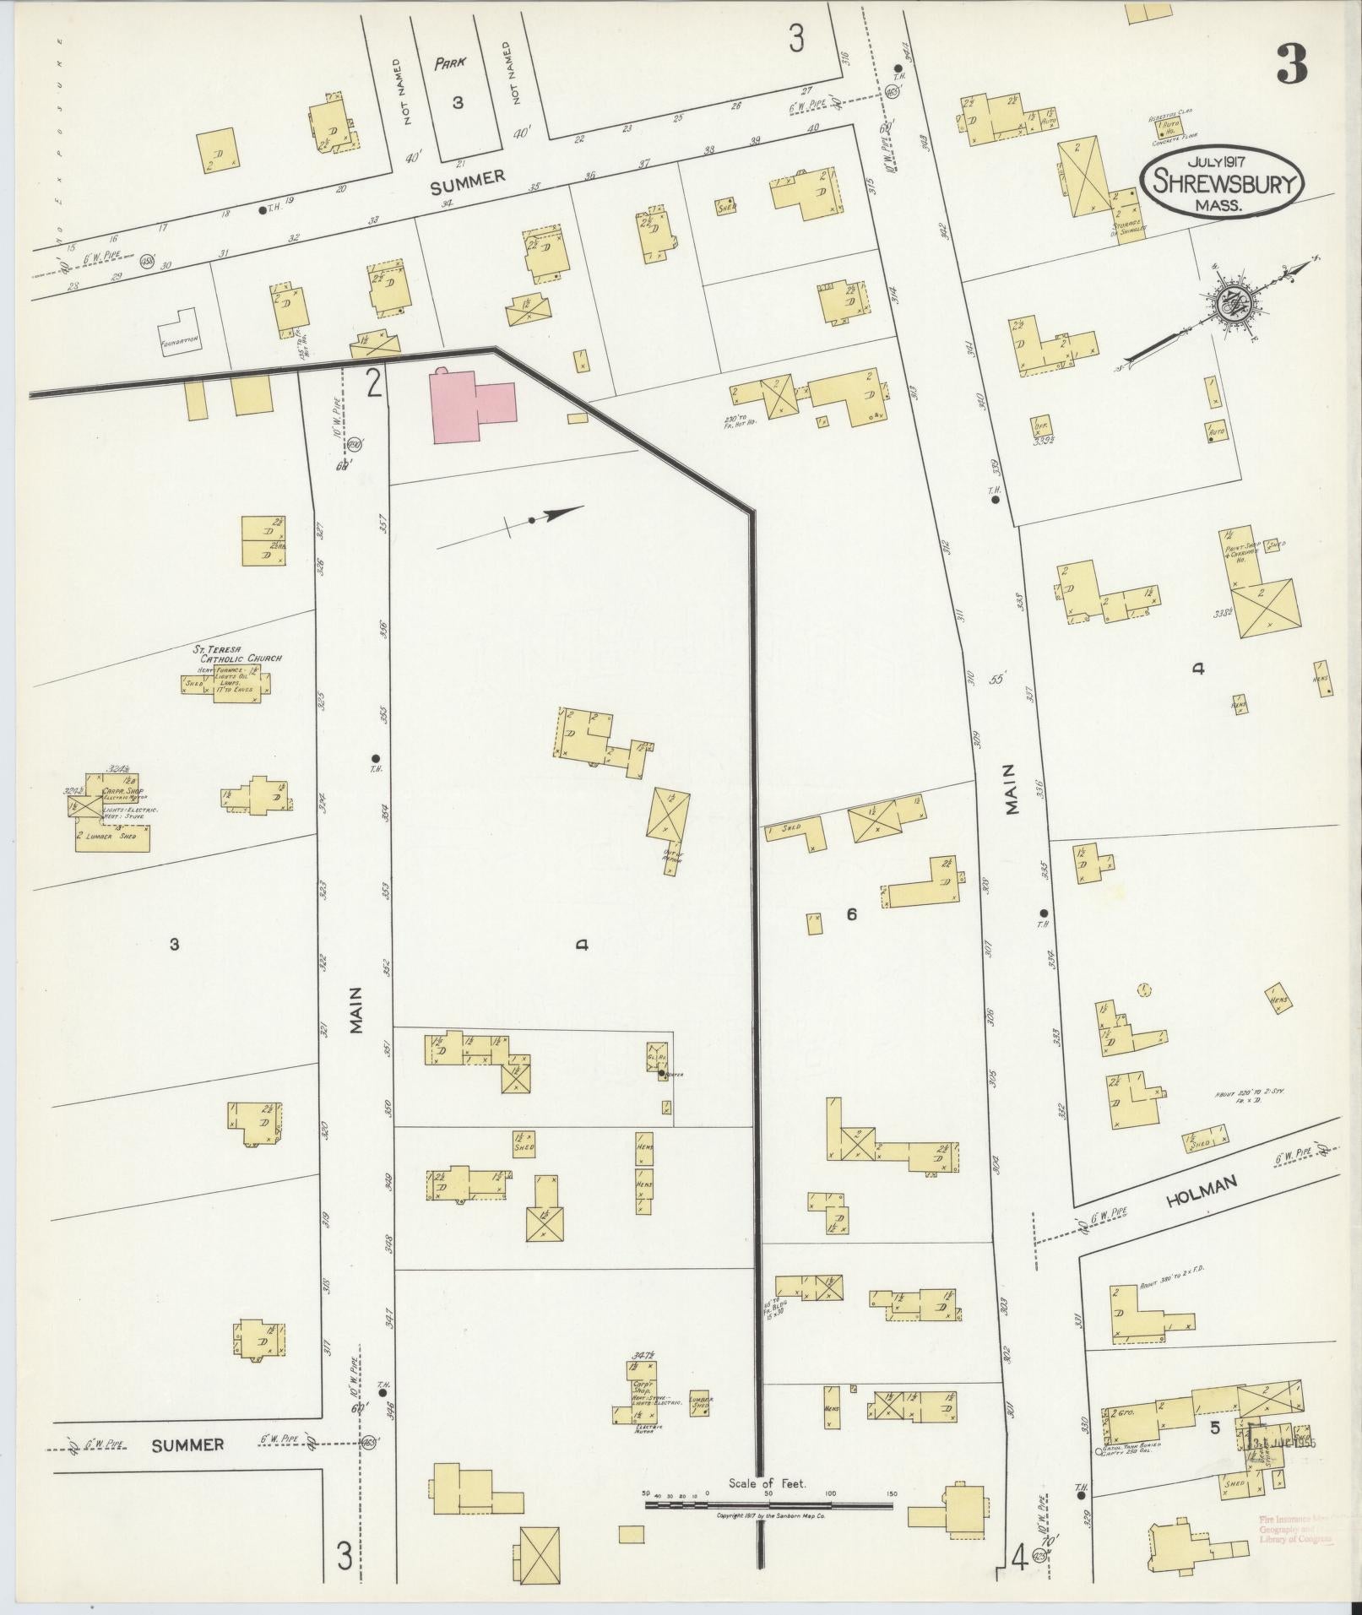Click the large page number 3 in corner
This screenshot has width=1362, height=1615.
tap(1291, 64)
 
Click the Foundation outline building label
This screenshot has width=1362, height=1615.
tap(179, 343)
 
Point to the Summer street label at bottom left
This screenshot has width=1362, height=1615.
tap(187, 1445)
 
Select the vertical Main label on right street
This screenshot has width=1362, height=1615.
tap(1012, 789)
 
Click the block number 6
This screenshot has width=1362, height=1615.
tap(851, 913)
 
